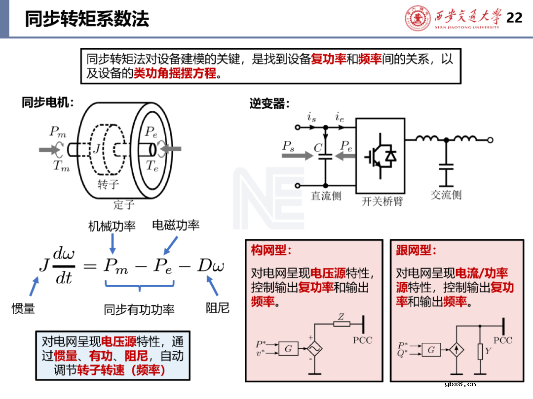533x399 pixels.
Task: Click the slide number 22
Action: pyautogui.click(x=514, y=18)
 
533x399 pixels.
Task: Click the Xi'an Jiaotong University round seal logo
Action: pyautogui.click(x=418, y=18)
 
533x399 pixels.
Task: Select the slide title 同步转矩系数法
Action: pyautogui.click(x=87, y=19)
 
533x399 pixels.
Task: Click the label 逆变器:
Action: pyautogui.click(x=269, y=104)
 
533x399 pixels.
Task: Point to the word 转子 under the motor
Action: pyautogui.click(x=108, y=184)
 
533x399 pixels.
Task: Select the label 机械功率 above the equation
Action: pyautogui.click(x=112, y=226)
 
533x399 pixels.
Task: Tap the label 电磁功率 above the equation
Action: pyautogui.click(x=176, y=226)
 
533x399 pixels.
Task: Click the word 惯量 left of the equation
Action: pyautogui.click(x=23, y=309)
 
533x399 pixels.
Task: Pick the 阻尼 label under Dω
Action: pyautogui.click(x=217, y=309)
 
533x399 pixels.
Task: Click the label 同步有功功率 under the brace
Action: pyautogui.click(x=139, y=310)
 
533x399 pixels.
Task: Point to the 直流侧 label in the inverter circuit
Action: pyautogui.click(x=326, y=196)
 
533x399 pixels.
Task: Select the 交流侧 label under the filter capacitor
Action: pyautogui.click(x=446, y=195)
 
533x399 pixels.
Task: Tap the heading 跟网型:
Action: pyautogui.click(x=416, y=250)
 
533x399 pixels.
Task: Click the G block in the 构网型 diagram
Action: pyautogui.click(x=288, y=349)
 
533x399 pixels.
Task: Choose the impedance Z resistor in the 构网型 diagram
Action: pyautogui.click(x=342, y=324)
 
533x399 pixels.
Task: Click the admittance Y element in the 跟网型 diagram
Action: pyautogui.click(x=480, y=351)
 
